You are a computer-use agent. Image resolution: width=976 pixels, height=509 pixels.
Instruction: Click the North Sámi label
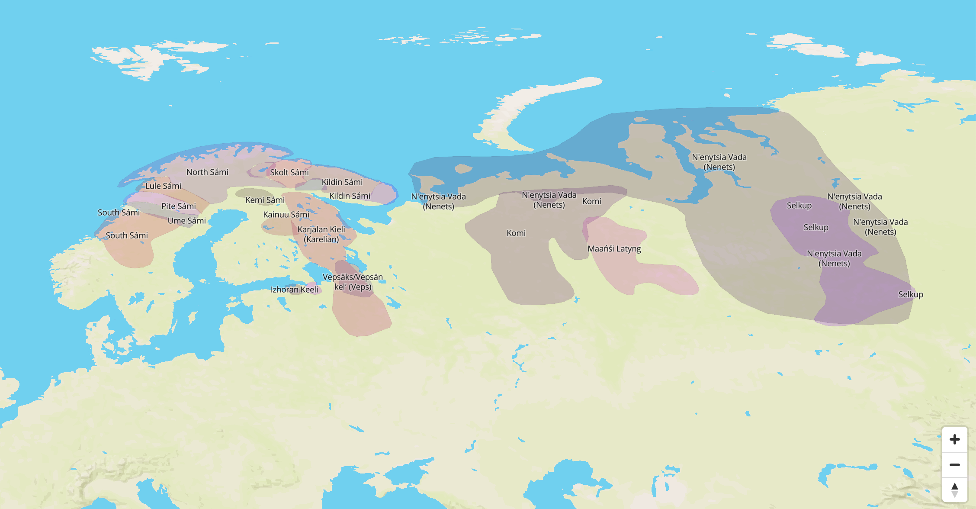coord(207,172)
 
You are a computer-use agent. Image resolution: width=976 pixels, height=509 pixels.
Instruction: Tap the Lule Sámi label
coord(163,186)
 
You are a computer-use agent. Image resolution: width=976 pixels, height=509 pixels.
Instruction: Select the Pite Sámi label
coord(178,206)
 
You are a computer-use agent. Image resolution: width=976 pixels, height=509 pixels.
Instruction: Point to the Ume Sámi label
coord(186,221)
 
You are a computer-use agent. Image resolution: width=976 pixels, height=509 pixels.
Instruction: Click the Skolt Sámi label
coord(289,173)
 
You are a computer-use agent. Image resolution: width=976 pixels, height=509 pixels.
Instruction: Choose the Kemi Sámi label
coord(265,200)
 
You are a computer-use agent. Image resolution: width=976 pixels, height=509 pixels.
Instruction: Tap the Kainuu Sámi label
coord(286,215)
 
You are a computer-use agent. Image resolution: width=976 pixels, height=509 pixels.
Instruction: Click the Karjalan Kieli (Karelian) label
coord(321,234)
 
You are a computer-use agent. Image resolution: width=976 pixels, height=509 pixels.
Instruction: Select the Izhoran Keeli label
coord(294,290)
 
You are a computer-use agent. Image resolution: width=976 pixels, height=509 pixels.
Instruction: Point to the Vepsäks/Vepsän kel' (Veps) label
coord(353,282)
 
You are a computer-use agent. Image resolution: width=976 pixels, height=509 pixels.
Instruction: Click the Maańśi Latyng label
coord(614,249)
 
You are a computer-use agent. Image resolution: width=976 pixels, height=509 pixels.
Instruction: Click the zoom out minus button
coord(954,465)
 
